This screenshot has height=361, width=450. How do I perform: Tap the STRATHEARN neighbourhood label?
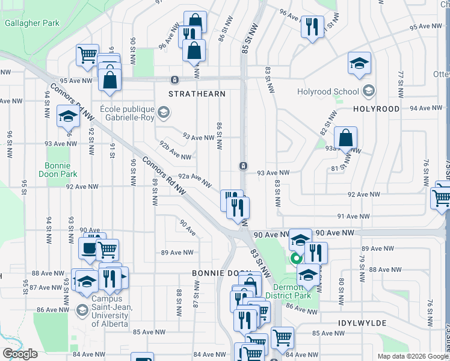click(197, 94)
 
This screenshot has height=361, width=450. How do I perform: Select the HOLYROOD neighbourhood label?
click(376, 109)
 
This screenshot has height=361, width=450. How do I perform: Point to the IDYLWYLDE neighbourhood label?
click(361, 323)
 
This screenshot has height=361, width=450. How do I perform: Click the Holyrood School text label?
click(328, 92)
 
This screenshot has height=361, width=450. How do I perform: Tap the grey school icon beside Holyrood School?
click(369, 91)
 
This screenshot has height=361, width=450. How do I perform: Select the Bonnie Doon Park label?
click(62, 170)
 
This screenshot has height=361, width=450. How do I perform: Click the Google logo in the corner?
click(20, 354)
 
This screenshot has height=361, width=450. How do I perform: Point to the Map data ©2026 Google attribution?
click(412, 356)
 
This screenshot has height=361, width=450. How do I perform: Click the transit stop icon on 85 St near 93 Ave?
click(242, 165)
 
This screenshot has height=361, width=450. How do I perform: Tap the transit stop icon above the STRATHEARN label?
click(174, 79)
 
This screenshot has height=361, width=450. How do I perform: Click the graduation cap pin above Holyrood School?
click(359, 63)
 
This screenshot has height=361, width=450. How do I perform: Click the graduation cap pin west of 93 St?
click(68, 116)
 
